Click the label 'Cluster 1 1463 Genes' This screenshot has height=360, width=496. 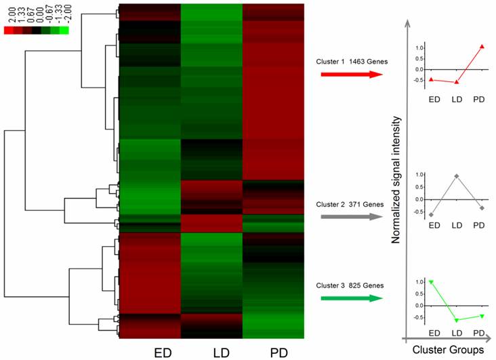coord(351,62)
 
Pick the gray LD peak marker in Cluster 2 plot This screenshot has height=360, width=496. coord(455,176)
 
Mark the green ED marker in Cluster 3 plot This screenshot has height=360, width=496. coord(432,282)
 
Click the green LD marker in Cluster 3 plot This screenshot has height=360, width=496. coord(455,320)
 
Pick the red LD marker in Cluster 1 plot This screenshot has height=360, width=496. coord(455,82)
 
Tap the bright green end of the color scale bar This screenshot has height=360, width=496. coord(64,30)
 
